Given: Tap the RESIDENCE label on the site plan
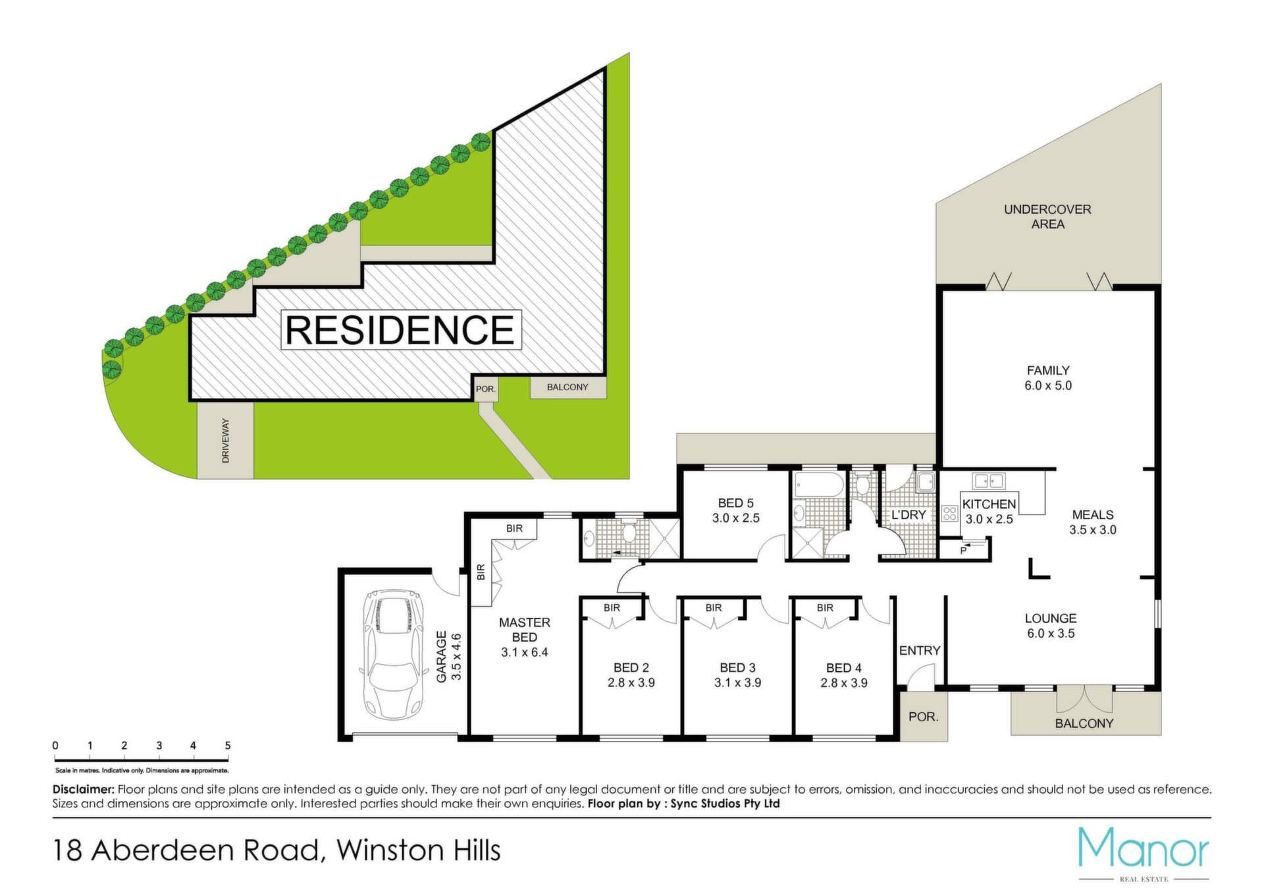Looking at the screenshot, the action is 400,330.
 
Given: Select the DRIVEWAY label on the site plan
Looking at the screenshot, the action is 226,440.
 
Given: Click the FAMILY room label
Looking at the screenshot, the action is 1048,370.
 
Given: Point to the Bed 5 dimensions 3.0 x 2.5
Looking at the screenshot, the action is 735,519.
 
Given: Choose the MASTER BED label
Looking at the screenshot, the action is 525,630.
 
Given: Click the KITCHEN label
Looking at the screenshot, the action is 989,504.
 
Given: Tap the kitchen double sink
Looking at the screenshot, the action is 989,480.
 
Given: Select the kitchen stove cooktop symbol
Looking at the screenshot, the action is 949,513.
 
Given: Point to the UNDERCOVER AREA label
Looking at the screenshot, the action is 1047,217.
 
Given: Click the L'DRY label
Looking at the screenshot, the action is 908,515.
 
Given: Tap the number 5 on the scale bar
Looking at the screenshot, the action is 228,746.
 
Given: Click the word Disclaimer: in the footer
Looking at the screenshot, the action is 84,789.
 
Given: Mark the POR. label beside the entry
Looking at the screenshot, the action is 924,717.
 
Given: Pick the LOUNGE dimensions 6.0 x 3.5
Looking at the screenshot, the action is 1051,634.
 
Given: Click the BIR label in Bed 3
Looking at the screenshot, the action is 714,608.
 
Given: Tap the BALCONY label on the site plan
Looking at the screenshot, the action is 567,387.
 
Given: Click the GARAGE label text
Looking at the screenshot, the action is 441,656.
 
